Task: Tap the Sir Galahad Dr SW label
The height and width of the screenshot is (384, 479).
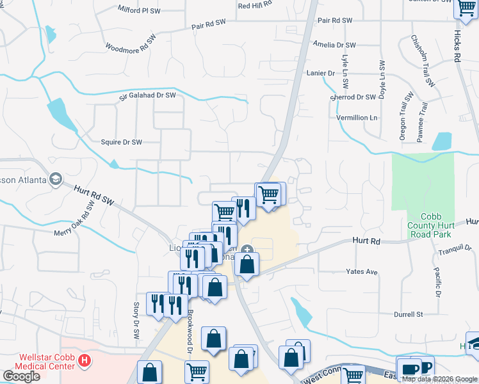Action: click(147, 96)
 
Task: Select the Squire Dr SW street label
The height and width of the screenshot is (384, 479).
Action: click(121, 142)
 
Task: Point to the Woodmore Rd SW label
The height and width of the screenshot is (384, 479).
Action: click(131, 44)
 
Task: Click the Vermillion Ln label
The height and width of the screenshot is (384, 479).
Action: click(357, 118)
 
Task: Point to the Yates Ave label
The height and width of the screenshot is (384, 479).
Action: click(362, 271)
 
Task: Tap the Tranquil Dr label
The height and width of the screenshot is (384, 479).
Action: click(459, 248)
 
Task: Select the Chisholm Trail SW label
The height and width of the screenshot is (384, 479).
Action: click(423, 61)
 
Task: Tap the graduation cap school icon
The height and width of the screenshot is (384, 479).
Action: click(56, 179)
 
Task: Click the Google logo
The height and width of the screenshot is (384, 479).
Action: click(22, 376)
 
